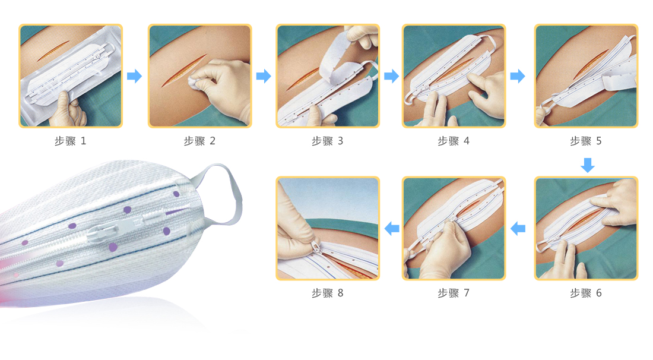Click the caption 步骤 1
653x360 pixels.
71,141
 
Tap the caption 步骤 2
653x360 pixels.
199,141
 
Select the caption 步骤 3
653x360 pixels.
327,141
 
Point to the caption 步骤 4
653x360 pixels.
454,141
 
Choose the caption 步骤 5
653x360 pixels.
586,141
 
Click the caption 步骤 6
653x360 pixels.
586,293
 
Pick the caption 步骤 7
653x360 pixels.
454,293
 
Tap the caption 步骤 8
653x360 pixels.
327,293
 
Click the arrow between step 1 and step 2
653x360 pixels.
135,76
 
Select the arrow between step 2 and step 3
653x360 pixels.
264,76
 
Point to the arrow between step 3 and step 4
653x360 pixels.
391,76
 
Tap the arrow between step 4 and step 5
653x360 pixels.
518,76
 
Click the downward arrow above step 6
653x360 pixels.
588,165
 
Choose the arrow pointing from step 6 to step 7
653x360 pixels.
518,228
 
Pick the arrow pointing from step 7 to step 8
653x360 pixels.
391,228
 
